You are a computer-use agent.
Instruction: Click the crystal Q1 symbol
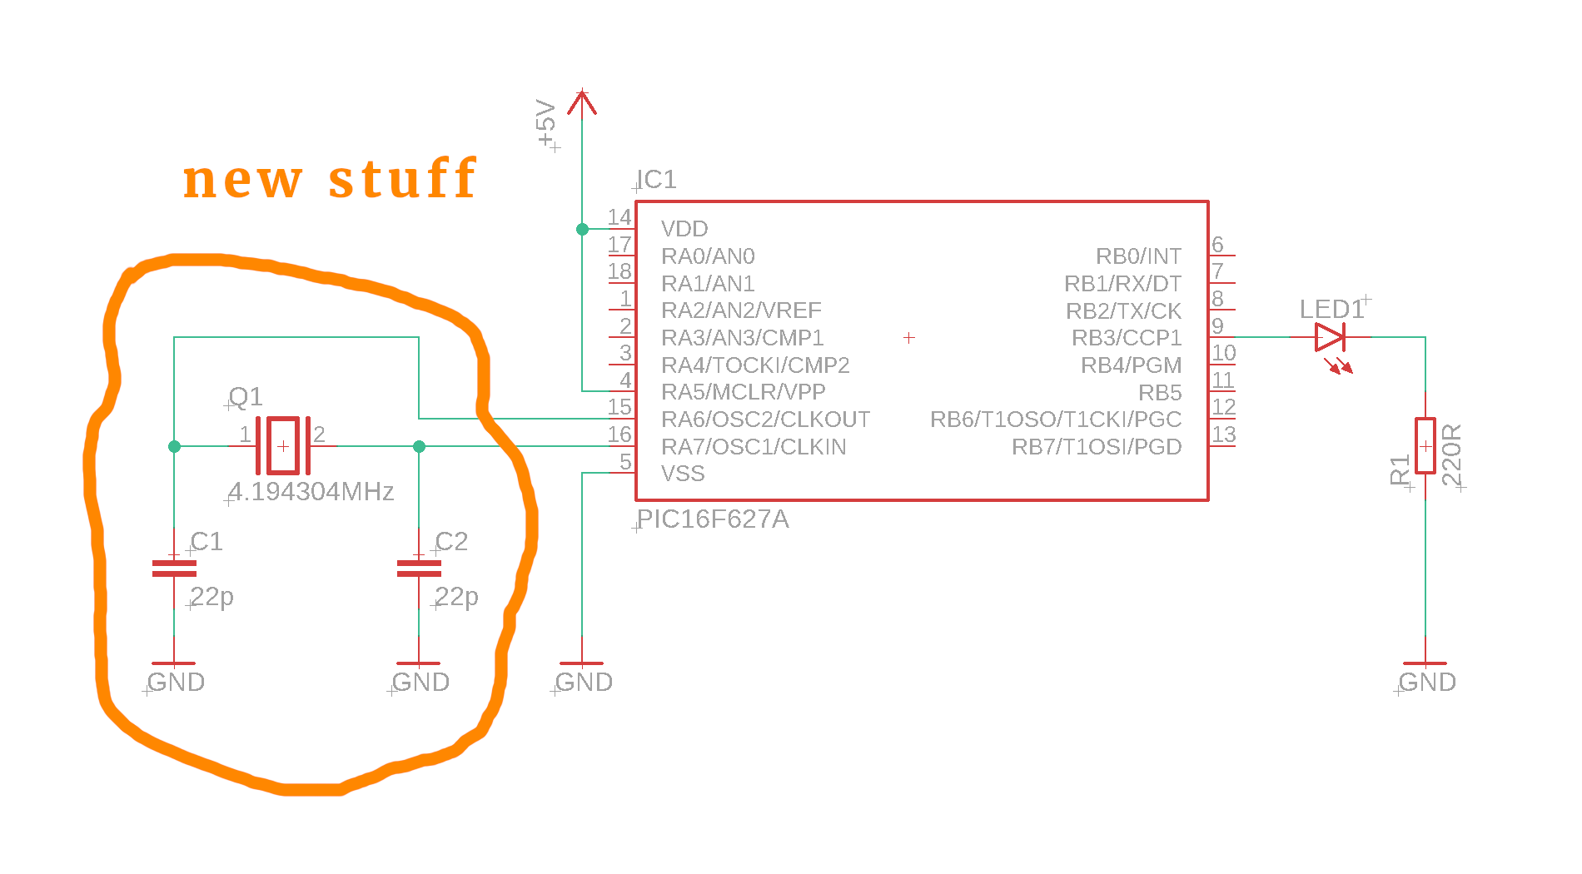(283, 446)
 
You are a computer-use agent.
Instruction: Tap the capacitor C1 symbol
(174, 569)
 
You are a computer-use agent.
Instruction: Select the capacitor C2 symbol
(419, 569)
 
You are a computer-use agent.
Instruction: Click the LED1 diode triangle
(1329, 337)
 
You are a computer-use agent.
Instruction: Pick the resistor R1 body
(1425, 446)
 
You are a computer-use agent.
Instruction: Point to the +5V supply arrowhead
(582, 102)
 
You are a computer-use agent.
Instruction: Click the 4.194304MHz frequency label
(311, 492)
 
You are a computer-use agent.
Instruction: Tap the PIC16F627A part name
(713, 519)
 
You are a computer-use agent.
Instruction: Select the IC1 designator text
(657, 180)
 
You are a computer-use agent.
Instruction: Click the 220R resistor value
(1451, 454)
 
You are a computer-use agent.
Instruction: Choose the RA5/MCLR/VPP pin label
(743, 392)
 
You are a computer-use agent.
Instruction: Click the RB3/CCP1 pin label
(1126, 338)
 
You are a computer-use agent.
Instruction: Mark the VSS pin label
(683, 474)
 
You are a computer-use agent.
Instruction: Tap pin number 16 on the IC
(619, 435)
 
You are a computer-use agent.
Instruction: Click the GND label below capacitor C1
(176, 683)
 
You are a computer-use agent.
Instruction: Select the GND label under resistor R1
(1427, 683)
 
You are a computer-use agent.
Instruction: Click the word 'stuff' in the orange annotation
(403, 178)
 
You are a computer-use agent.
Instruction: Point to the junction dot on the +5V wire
(582, 229)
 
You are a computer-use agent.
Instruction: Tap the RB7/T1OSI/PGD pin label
(1097, 447)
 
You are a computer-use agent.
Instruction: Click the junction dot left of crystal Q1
(174, 446)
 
